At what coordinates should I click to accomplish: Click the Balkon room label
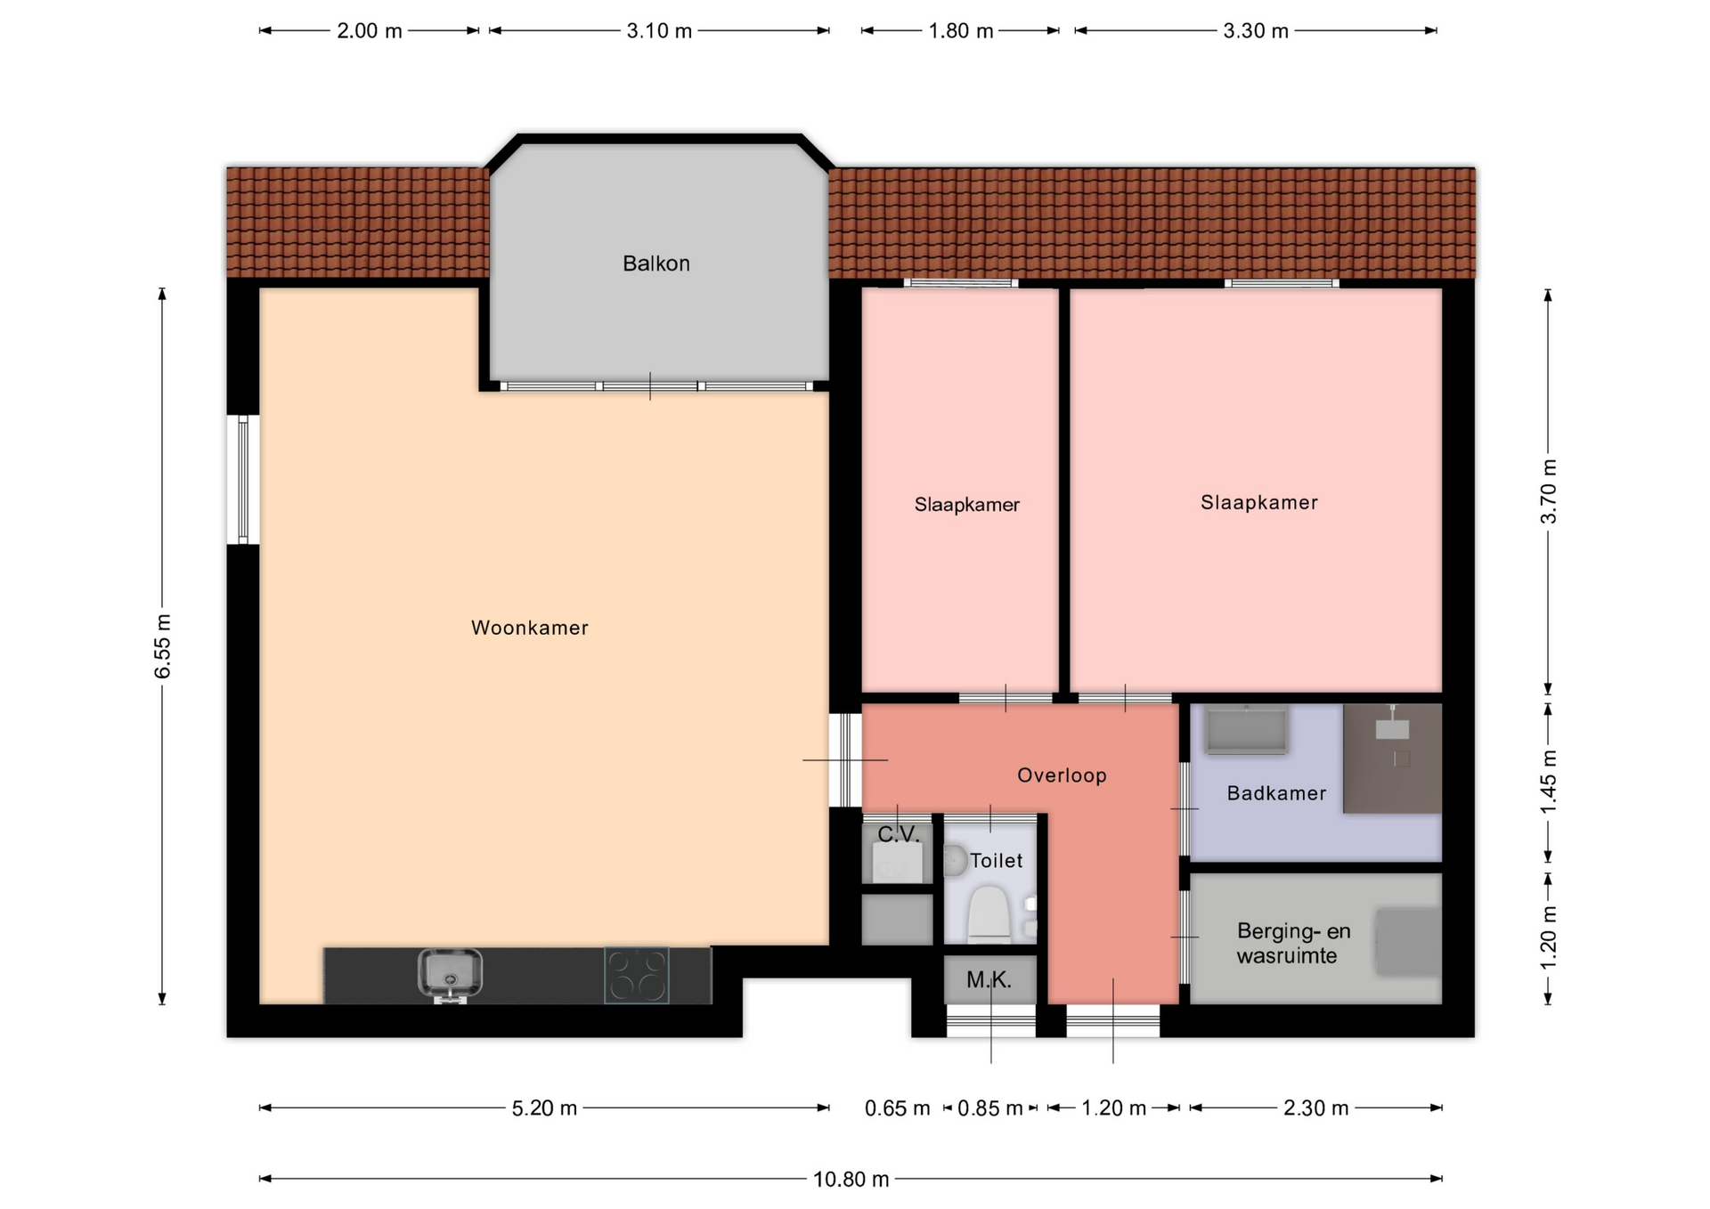[655, 264]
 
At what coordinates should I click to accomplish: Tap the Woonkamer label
[529, 628]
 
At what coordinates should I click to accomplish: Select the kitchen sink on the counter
[451, 974]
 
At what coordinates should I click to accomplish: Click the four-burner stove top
[637, 975]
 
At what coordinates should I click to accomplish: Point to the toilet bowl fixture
[989, 913]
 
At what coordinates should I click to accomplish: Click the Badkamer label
[1276, 793]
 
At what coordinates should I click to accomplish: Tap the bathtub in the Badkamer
[1246, 729]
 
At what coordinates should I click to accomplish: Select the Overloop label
[1062, 775]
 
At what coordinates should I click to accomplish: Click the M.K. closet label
[989, 980]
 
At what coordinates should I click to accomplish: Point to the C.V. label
[898, 834]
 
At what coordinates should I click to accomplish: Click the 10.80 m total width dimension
[851, 1179]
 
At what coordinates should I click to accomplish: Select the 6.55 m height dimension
[162, 645]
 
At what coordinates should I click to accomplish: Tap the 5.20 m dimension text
[544, 1108]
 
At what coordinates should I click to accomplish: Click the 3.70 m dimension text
[1549, 491]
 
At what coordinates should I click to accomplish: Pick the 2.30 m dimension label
[1315, 1108]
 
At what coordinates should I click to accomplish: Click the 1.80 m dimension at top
[960, 31]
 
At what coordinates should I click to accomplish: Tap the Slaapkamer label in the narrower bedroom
[966, 505]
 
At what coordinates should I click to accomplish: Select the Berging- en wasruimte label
[1293, 944]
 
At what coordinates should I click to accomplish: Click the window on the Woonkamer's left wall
[242, 479]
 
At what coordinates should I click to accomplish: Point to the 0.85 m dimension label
[990, 1108]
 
